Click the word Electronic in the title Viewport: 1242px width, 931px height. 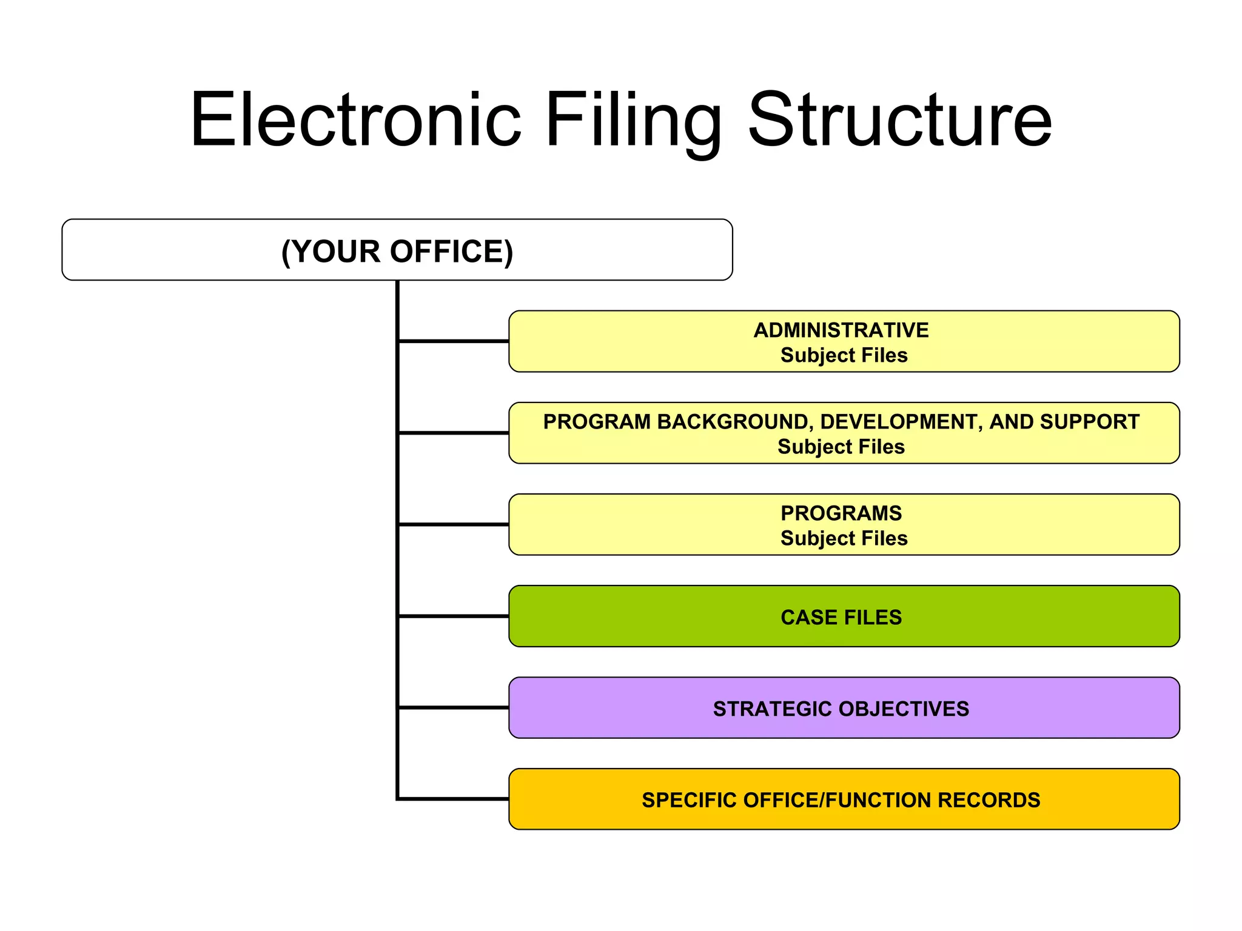(355, 119)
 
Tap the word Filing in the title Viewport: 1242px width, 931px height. (634, 119)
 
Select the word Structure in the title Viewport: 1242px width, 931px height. (900, 119)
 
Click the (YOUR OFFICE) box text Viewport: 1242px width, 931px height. (397, 251)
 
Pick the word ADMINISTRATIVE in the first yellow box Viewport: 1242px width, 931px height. (841, 330)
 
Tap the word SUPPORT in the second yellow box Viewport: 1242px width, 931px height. (1089, 422)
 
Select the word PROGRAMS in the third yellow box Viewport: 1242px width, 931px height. (841, 513)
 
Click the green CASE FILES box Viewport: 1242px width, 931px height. (844, 616)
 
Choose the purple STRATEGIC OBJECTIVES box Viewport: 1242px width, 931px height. (844, 708)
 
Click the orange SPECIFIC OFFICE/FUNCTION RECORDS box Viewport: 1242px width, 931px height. (844, 799)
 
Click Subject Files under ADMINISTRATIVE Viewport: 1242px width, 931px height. (844, 355)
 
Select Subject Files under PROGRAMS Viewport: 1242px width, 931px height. (844, 538)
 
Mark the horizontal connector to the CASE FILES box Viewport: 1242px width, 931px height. (454, 616)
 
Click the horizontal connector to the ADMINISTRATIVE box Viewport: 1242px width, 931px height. (454, 341)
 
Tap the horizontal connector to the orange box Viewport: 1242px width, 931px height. (454, 799)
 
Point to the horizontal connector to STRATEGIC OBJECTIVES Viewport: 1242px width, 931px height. (454, 707)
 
